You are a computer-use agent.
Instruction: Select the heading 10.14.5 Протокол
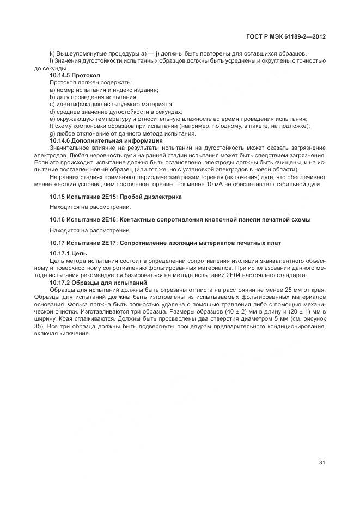point(71,75)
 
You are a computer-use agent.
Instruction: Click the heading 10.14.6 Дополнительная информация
point(99,140)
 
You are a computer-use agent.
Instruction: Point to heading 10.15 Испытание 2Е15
point(115,196)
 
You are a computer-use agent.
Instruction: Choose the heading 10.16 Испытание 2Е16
point(180,219)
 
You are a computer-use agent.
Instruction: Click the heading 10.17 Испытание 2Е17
point(165,242)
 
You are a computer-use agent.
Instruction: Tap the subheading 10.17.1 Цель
point(68,254)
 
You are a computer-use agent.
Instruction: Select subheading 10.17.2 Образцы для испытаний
point(98,283)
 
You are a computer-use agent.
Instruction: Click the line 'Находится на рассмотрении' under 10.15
point(90,207)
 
